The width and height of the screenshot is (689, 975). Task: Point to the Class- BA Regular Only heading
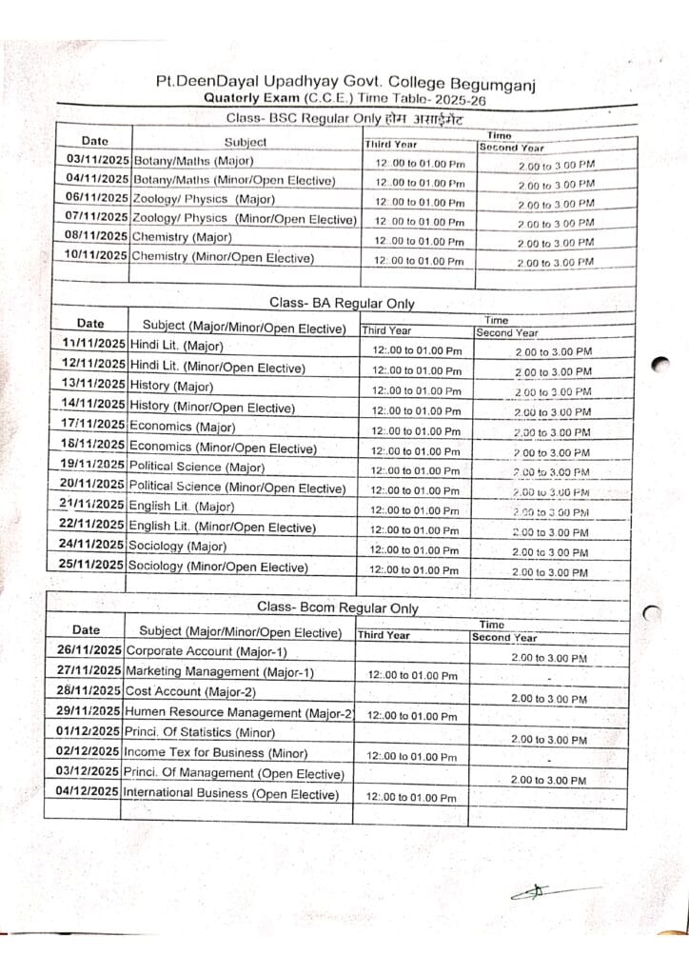pos(342,303)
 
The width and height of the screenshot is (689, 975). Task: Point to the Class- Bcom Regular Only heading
pos(337,607)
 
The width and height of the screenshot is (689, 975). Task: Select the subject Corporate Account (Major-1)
pos(206,651)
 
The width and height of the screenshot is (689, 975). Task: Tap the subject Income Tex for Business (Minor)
pos(216,752)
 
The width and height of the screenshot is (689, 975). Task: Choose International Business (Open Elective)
pos(230,793)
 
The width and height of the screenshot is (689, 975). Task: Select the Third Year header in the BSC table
pos(391,145)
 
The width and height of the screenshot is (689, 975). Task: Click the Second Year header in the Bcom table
pos(504,638)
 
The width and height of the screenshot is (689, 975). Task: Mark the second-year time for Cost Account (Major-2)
pos(548,699)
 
